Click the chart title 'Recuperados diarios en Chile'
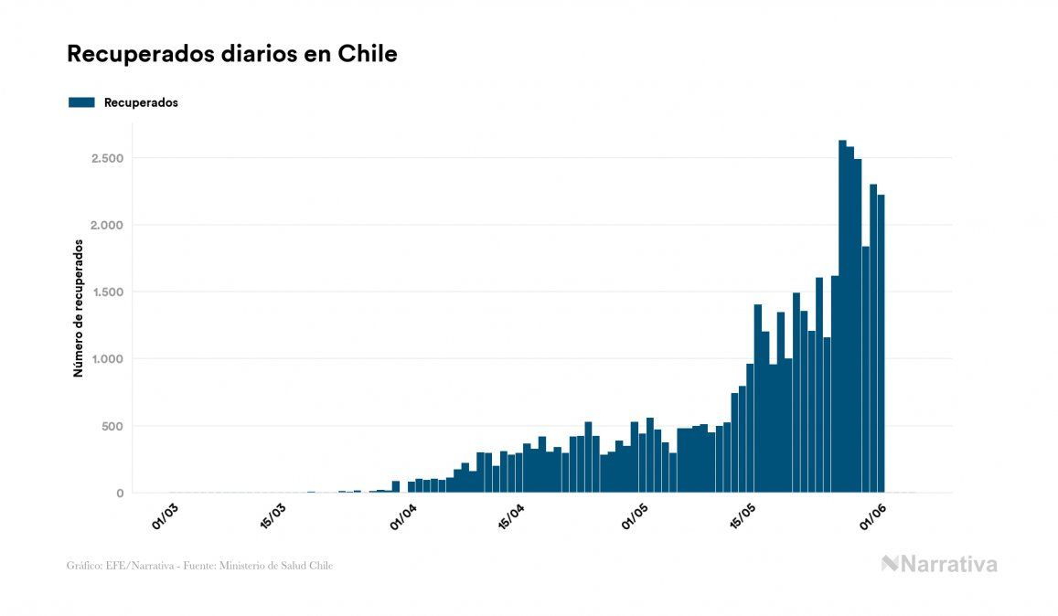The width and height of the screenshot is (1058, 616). point(231,54)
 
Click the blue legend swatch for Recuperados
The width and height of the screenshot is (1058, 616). point(81,102)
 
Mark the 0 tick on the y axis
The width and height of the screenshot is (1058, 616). point(119,494)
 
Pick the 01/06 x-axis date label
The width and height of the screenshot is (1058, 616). point(871,516)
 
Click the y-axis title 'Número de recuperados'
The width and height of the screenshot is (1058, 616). point(79,308)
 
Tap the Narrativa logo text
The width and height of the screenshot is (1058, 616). point(939,564)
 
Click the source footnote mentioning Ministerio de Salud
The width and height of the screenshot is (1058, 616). point(199,566)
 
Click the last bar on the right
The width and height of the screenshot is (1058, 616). point(881,347)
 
